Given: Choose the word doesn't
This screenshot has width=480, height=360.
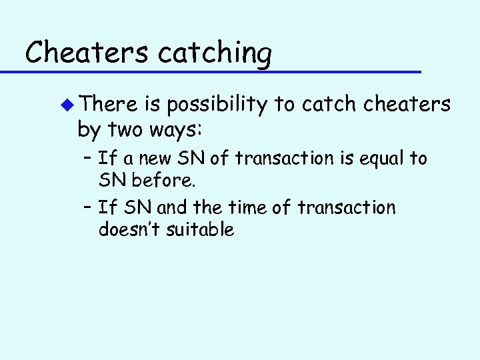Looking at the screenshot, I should [129, 230].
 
